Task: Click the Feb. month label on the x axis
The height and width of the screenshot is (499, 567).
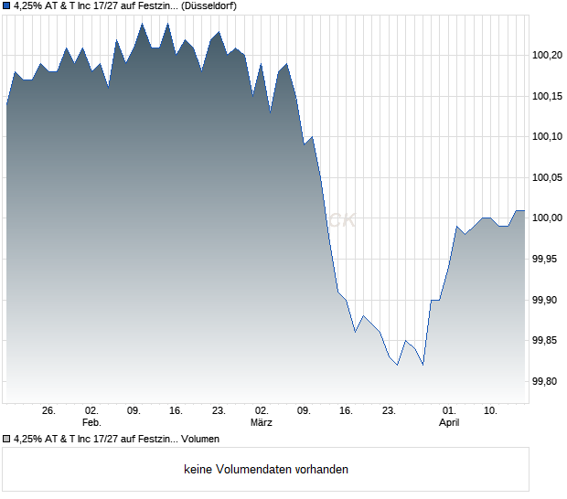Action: (91, 423)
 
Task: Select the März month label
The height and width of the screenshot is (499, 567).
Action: (262, 423)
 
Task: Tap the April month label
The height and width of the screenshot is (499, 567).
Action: (449, 423)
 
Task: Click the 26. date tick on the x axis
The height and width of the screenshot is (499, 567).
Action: (49, 411)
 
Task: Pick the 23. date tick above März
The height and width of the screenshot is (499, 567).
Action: (219, 411)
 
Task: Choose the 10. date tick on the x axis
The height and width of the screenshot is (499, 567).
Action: (491, 411)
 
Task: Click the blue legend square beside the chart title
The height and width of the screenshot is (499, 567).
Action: (7, 6)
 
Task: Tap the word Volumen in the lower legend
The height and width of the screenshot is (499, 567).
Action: (199, 440)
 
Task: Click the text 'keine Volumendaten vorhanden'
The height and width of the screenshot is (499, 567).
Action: (266, 470)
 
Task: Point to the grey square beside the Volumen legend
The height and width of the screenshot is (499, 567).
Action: (7, 440)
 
